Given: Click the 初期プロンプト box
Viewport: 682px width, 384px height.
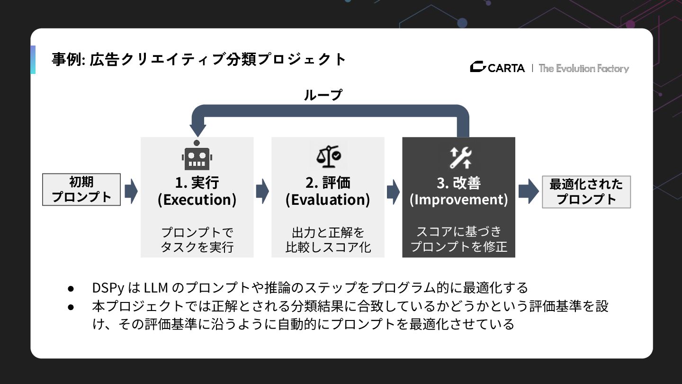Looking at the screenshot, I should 81,190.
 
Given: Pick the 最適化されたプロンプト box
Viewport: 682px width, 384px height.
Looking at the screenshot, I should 586,192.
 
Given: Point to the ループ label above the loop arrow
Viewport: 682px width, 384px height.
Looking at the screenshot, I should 323,95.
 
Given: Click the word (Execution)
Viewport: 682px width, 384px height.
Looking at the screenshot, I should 197,200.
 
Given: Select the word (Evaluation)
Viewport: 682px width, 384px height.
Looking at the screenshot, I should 328,200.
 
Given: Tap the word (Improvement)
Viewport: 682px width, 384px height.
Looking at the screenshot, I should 458,200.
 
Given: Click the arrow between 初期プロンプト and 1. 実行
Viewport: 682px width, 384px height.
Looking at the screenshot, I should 131,191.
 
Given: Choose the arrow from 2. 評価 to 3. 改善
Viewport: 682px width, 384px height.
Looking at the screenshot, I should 393,191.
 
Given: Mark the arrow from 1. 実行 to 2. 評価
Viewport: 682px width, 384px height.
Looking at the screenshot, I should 262,191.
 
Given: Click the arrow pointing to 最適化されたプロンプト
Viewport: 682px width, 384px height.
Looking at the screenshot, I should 528,191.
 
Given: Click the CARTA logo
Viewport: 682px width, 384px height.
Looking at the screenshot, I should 497,68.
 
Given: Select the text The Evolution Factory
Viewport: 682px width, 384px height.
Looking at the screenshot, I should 584,68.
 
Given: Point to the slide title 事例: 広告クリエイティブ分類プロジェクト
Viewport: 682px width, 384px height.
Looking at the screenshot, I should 199,60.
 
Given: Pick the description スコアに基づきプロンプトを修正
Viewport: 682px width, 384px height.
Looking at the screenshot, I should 458,239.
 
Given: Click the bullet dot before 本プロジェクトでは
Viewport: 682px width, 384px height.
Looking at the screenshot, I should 71,306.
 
